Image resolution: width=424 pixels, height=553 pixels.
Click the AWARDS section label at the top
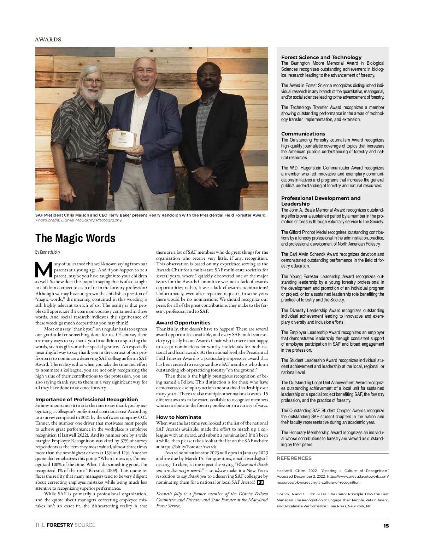coord(48,40)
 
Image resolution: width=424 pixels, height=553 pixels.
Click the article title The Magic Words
coord(75,238)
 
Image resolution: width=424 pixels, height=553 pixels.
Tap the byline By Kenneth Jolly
coord(48,252)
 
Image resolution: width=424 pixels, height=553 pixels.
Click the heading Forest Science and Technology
coord(321,57)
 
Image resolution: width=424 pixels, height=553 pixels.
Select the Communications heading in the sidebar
coord(303,134)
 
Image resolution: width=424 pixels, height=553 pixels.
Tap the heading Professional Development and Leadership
coord(320,201)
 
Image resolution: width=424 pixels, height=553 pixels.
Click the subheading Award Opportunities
coord(183,323)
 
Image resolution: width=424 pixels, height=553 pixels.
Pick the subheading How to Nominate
coord(178,417)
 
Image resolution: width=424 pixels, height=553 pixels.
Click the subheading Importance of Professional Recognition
coord(87,399)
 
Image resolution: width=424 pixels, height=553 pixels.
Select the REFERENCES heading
coord(294,458)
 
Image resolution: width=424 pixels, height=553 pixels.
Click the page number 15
coord(386,526)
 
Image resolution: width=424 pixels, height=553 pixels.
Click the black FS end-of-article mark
coord(260,482)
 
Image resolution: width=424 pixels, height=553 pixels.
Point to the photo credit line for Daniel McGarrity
coord(79,220)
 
